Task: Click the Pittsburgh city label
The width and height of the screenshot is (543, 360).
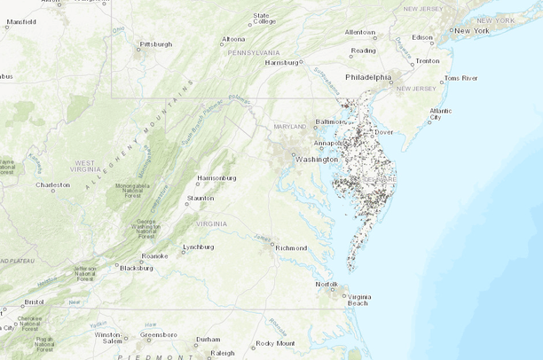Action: click(x=156, y=43)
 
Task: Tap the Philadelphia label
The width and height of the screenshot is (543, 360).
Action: click(x=367, y=77)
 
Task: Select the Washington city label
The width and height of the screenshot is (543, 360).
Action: click(x=316, y=160)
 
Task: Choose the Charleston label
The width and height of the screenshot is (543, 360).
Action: click(x=52, y=185)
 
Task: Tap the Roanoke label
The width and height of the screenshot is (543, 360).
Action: click(x=154, y=256)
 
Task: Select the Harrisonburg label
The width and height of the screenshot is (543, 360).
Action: click(x=216, y=177)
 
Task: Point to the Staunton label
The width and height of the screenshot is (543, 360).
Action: click(x=200, y=198)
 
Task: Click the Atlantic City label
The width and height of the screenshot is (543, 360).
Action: click(x=440, y=113)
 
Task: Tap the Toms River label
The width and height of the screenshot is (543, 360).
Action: click(x=460, y=78)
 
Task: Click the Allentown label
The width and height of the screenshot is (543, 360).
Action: click(x=360, y=32)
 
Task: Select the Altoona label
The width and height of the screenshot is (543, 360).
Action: click(x=233, y=39)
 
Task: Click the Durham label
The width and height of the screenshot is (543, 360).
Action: click(x=208, y=339)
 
